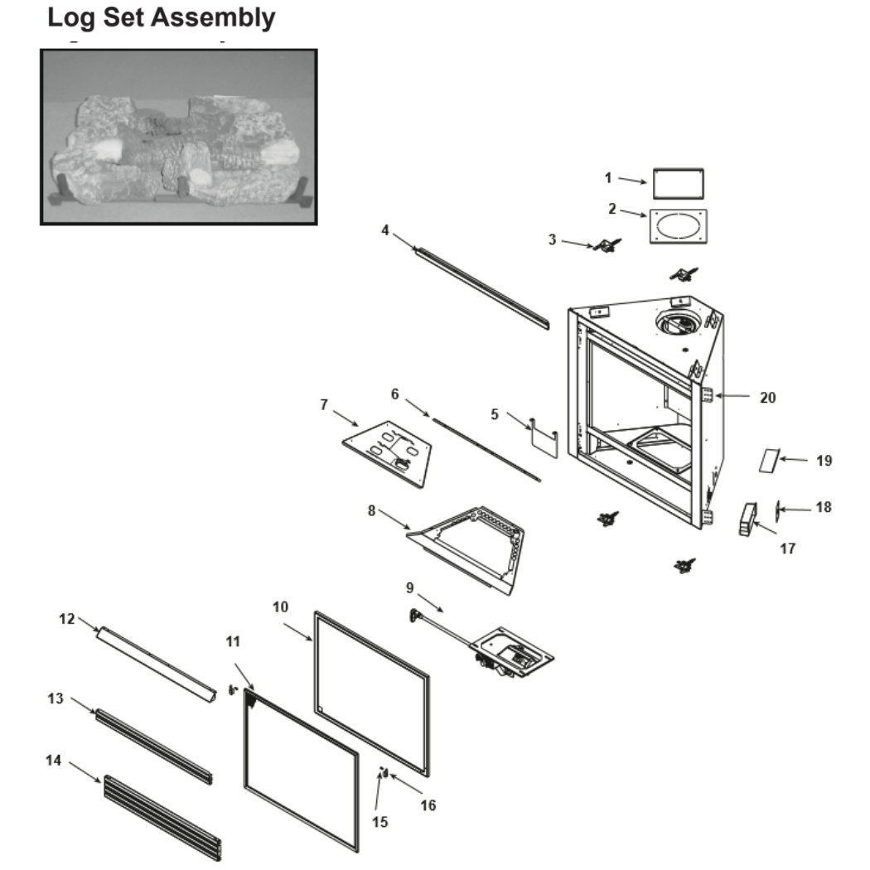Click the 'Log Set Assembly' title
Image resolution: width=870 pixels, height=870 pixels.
coord(161,17)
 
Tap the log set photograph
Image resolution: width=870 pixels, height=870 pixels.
coord(178,137)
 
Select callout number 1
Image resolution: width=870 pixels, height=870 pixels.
coord(607,177)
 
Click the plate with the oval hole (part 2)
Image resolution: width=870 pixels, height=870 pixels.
coord(679,227)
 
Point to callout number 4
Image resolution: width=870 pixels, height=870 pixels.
coord(385,230)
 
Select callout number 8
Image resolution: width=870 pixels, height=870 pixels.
coord(373,510)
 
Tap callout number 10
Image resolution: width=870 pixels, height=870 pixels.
coord(280,607)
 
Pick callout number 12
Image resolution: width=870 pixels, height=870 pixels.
coord(66,618)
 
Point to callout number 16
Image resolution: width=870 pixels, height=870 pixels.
coord(428,805)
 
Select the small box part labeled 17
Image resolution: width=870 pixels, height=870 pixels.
coord(748,520)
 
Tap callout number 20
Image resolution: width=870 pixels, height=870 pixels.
coord(768,397)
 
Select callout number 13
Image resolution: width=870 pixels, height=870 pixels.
coord(56,698)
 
